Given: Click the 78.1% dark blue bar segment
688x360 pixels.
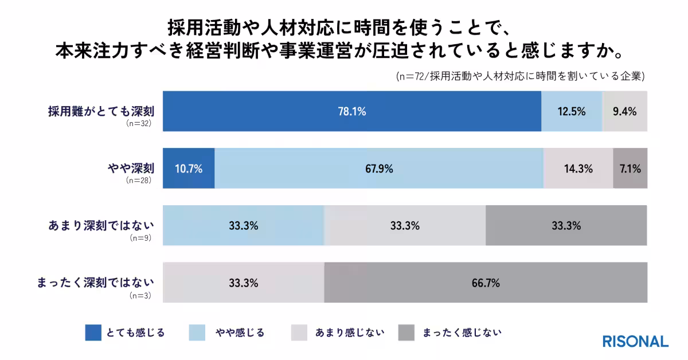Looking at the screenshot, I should (352, 111).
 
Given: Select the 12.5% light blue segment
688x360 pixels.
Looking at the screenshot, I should (572, 111).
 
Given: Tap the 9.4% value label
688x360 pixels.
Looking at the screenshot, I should (624, 112).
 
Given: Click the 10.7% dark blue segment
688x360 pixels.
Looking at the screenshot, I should (189, 169).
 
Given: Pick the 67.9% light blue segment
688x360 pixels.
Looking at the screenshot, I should (379, 169).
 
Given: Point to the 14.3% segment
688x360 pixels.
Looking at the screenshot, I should (578, 169).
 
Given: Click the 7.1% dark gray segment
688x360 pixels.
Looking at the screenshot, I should (630, 169).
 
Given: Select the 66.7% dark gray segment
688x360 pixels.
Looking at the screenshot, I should (486, 283).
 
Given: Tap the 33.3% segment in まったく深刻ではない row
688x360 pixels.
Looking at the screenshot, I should (244, 283).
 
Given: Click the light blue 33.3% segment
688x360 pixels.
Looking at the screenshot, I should (244, 225).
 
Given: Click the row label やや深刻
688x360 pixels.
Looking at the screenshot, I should (131, 168).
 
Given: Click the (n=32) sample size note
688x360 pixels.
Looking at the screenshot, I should (139, 124).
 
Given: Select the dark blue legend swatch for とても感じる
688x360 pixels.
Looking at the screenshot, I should (93, 332).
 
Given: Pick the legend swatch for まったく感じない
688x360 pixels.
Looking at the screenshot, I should (406, 332).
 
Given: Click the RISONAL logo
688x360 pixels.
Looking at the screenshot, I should (635, 341).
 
